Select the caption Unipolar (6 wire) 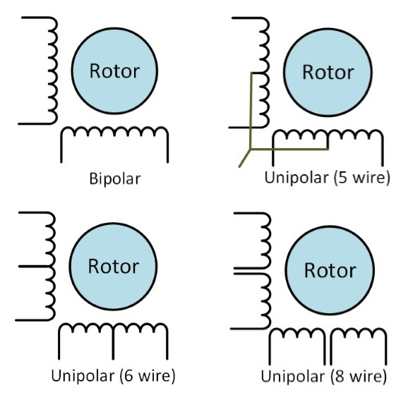[113, 374]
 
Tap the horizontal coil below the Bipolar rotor [115, 133]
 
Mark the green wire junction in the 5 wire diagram [249, 149]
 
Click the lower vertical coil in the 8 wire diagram [265, 299]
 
